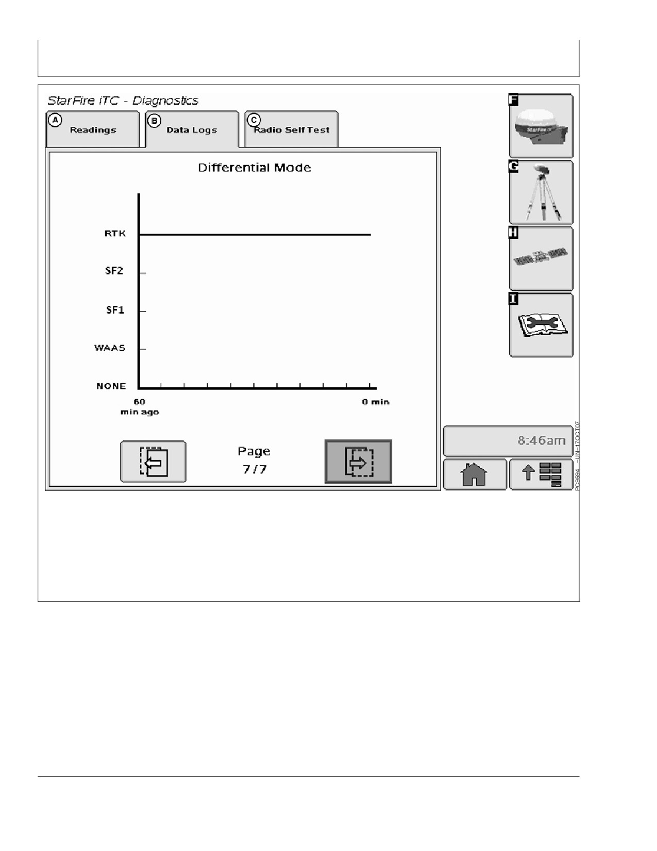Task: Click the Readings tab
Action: tap(93, 129)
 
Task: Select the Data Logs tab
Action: tap(192, 129)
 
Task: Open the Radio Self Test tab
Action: tap(291, 129)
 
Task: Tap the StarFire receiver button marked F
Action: tap(541, 126)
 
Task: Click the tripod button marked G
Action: tap(541, 192)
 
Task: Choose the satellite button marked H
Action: tap(541, 258)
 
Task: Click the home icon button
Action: tap(475, 474)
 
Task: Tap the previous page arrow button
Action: tap(154, 461)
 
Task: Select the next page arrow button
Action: tap(358, 461)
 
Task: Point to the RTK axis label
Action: tap(115, 234)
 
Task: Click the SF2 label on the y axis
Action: tap(114, 271)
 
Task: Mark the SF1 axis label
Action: tap(115, 310)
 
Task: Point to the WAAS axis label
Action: tap(110, 348)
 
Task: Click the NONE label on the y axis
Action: tap(111, 386)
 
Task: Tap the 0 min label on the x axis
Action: tap(376, 402)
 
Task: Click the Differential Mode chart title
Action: tap(255, 168)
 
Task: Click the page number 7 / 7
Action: tap(255, 469)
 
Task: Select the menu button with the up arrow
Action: tap(541, 474)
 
